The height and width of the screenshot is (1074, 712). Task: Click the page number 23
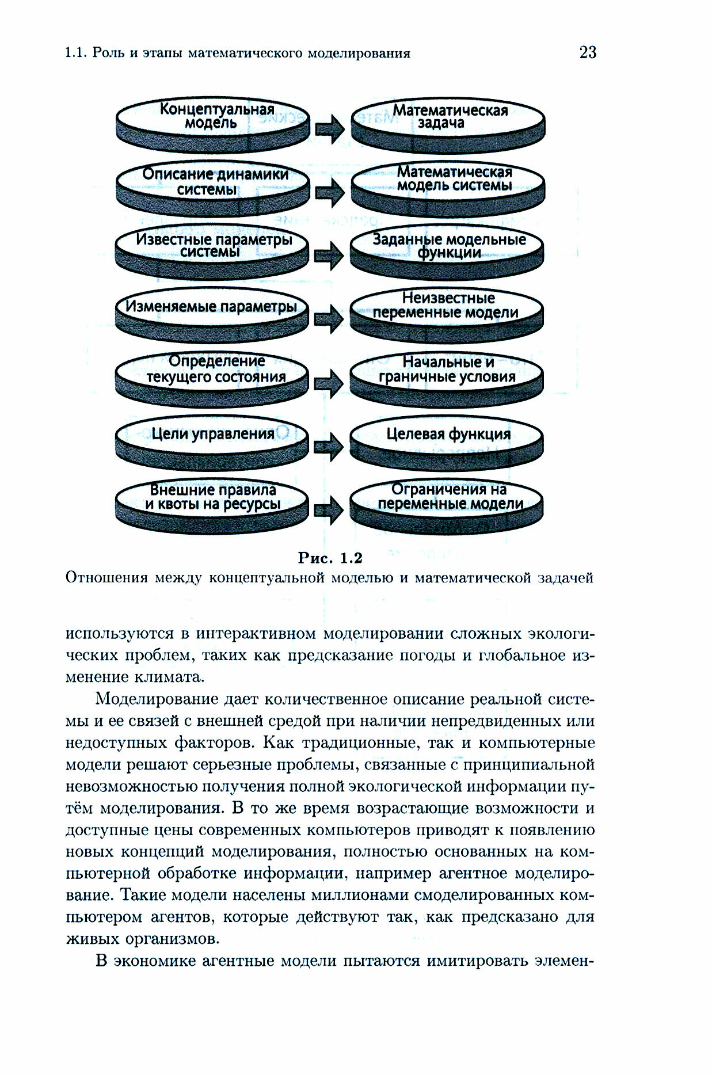[588, 52]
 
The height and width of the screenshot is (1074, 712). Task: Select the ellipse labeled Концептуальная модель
[212, 117]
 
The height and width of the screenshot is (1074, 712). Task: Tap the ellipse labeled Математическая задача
[447, 117]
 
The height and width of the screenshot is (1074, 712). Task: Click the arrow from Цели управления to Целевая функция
[329, 446]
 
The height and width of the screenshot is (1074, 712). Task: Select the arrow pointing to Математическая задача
[330, 128]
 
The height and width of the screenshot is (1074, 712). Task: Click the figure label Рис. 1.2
[330, 558]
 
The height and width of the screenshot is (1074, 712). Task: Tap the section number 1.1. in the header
[75, 54]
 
